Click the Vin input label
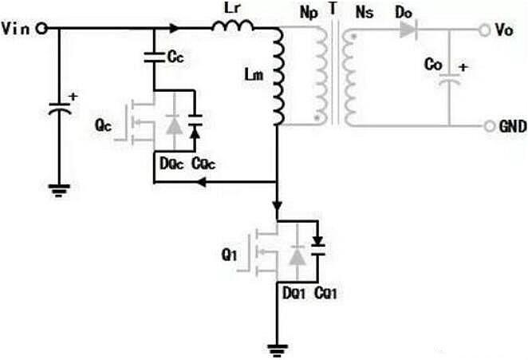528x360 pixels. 17,30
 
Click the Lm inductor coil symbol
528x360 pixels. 278,78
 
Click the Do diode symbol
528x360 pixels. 408,30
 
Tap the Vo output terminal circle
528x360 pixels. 483,30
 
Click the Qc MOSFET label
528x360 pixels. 102,126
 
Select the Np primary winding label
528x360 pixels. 307,12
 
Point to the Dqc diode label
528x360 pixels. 170,164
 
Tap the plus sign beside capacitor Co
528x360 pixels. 463,68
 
